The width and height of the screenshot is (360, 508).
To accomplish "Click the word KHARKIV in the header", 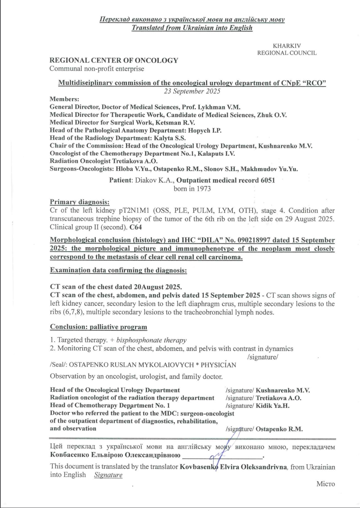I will tap(287, 46).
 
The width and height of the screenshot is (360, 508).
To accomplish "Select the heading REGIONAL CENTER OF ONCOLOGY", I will tap(114, 60).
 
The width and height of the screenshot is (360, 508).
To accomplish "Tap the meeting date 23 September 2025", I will tap(192, 91).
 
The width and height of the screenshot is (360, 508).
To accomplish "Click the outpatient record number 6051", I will tap(268, 180).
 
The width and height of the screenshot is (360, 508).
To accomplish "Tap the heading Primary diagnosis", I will tap(80, 202).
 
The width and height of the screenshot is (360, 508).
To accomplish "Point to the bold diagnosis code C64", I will tap(136, 227).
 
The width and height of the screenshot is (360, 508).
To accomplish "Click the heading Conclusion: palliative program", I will tap(99, 327).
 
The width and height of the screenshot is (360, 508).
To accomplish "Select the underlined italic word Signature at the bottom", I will tap(108, 475).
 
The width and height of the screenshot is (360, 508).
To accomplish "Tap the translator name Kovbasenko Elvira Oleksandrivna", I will tap(233, 467).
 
